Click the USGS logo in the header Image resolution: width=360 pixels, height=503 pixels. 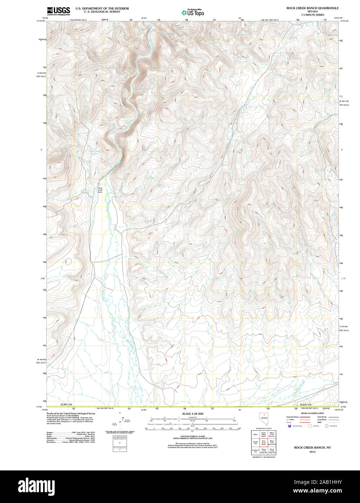pyautogui.click(x=58, y=10)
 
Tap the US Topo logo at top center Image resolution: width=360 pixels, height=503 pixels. pyautogui.click(x=193, y=12)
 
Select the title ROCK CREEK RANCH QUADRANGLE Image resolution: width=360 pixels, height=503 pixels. pyautogui.click(x=313, y=8)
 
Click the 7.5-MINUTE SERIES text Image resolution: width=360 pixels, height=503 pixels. pyautogui.click(x=313, y=15)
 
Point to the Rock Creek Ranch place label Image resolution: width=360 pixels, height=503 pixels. pyautogui.click(x=100, y=190)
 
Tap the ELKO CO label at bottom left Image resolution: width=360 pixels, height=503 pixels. pyautogui.click(x=67, y=404)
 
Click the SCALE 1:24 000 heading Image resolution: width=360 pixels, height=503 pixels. pyautogui.click(x=192, y=414)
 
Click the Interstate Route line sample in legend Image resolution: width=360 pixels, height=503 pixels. pyautogui.click(x=305, y=417)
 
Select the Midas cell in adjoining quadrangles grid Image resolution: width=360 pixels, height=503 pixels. pyautogui.click(x=255, y=434)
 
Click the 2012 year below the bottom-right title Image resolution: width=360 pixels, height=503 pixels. pyautogui.click(x=312, y=452)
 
